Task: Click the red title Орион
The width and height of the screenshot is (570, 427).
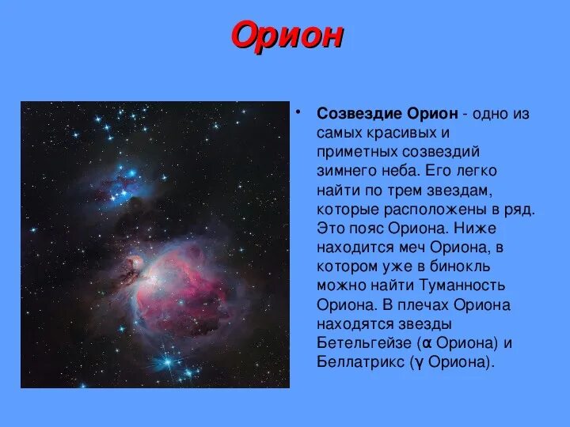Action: click(287, 36)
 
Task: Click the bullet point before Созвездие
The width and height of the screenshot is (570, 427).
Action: click(298, 111)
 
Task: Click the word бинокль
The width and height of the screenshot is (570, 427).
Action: click(459, 266)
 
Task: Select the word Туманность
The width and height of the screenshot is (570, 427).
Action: click(462, 285)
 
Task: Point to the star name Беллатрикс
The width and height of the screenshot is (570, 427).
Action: click(360, 362)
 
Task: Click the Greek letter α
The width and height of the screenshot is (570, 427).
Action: click(427, 343)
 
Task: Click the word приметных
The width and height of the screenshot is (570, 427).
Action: click(357, 152)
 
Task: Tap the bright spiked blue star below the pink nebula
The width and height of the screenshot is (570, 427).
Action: click(168, 361)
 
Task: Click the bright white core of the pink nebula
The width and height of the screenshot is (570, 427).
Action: click(154, 278)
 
